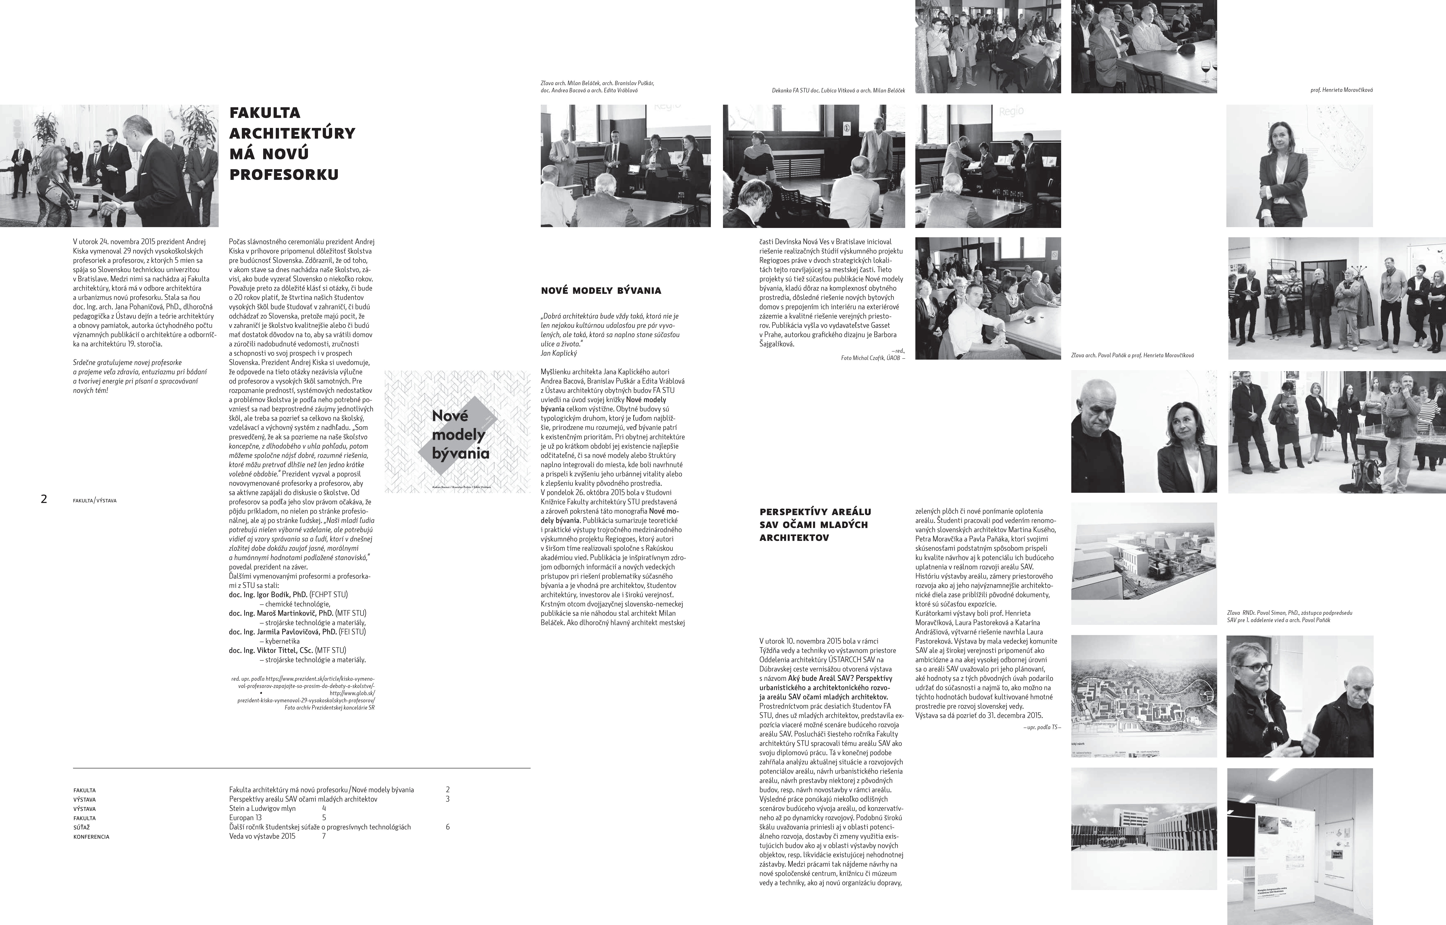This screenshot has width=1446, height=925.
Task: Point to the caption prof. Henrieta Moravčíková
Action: coord(1341,90)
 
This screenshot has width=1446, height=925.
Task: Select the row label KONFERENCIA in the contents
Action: coord(91,837)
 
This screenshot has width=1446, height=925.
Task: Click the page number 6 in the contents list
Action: coord(448,827)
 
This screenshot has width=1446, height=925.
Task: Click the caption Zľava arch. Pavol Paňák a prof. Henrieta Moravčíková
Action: coord(1132,356)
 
